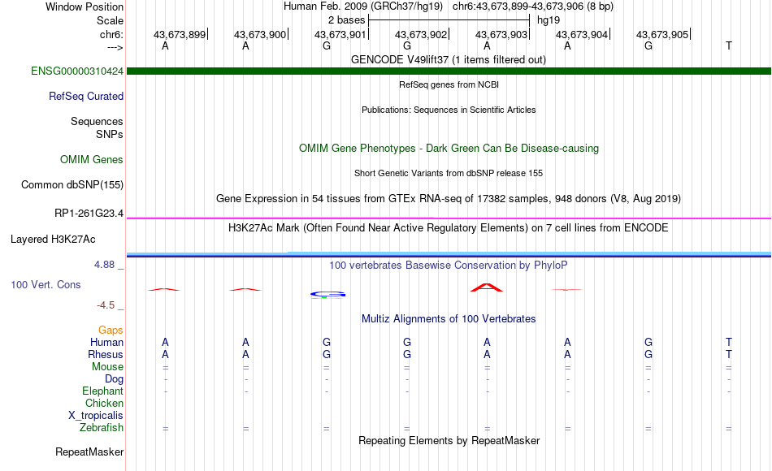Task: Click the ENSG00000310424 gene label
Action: pyautogui.click(x=77, y=71)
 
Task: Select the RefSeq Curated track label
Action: pyautogui.click(x=86, y=96)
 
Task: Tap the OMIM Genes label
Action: pyautogui.click(x=92, y=159)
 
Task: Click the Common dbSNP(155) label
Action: pyautogui.click(x=72, y=184)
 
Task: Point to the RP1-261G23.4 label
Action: pyautogui.click(x=89, y=213)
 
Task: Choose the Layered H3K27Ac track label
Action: pyautogui.click(x=53, y=240)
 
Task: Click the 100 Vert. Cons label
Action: pyautogui.click(x=46, y=284)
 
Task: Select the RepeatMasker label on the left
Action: pyautogui.click(x=89, y=452)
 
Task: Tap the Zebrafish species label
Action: pyautogui.click(x=102, y=427)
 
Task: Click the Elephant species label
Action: pyautogui.click(x=103, y=391)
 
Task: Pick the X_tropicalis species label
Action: pyautogui.click(x=96, y=415)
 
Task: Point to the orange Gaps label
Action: pyautogui.click(x=111, y=330)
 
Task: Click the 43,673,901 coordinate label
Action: pyautogui.click(x=340, y=34)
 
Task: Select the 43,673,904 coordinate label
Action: pyautogui.click(x=582, y=34)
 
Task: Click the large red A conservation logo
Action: pyautogui.click(x=487, y=287)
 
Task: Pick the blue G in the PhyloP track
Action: pyautogui.click(x=328, y=294)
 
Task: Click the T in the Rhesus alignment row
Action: pyautogui.click(x=729, y=354)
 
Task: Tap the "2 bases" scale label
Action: pyautogui.click(x=347, y=20)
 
